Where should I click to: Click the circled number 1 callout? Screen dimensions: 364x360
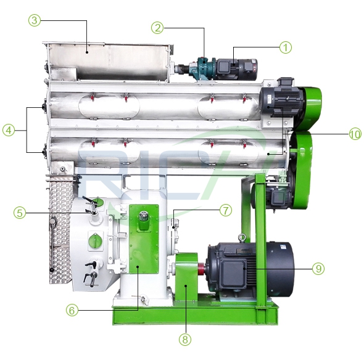[285, 47]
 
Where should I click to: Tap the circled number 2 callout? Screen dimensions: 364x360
[157, 28]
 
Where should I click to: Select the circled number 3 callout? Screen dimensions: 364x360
[35, 20]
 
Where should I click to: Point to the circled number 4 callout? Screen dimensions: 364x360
[9, 130]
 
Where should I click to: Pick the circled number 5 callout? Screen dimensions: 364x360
[20, 213]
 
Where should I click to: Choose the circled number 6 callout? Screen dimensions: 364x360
[72, 310]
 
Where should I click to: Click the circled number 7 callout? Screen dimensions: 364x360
[226, 210]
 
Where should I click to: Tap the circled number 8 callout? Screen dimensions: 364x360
[185, 340]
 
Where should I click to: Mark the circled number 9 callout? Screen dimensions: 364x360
[318, 269]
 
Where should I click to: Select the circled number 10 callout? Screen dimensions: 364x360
[355, 134]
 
